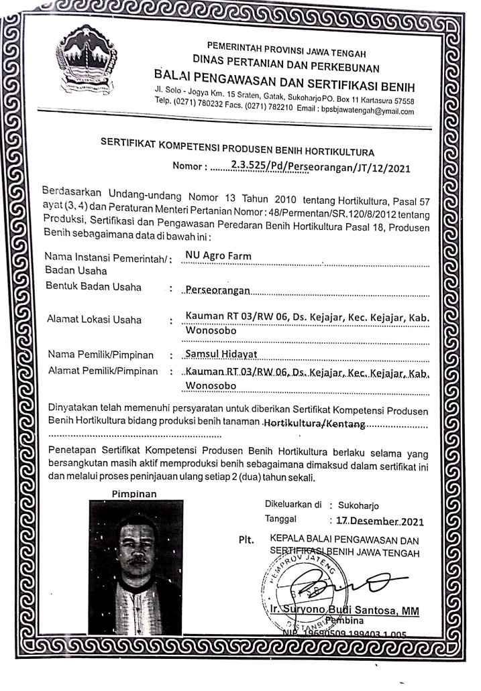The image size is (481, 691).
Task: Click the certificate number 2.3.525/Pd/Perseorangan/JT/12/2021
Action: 319,165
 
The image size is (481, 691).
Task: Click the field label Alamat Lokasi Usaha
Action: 94,320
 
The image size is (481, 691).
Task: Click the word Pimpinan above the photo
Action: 133,494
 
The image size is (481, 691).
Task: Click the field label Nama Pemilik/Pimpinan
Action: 100,355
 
